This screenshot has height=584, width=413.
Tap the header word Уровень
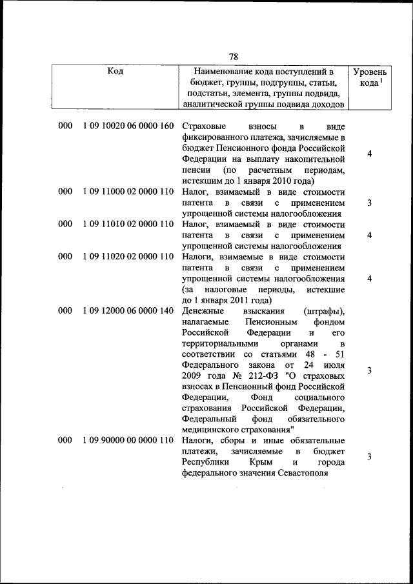(x=370, y=73)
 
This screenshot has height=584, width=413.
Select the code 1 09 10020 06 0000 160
(x=128, y=126)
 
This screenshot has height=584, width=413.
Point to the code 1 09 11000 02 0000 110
(x=128, y=192)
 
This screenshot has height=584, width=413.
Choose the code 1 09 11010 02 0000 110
(x=128, y=224)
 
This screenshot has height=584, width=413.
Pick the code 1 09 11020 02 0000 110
(x=128, y=256)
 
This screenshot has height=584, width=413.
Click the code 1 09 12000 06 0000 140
(x=128, y=310)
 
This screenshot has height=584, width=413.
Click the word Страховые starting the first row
(x=203, y=126)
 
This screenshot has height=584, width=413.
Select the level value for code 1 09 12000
(x=369, y=370)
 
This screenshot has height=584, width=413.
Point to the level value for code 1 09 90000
(x=369, y=457)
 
